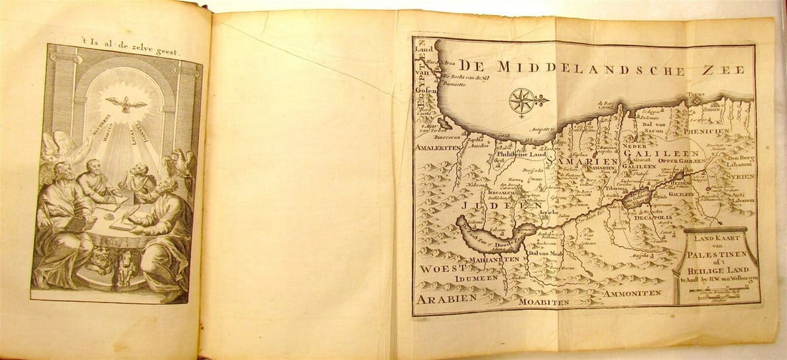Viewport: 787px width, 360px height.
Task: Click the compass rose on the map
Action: pos(522,100)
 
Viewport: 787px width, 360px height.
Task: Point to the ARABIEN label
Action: pos(445,298)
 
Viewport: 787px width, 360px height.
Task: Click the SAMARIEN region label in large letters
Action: pos(581,163)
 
